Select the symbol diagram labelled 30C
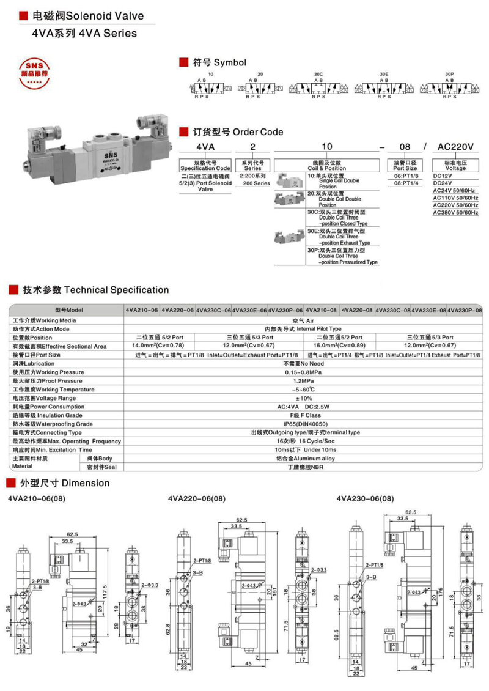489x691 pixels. (x=315, y=88)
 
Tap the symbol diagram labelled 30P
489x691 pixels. (x=449, y=88)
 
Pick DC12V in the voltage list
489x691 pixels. (x=443, y=176)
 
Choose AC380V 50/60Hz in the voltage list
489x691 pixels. (x=455, y=212)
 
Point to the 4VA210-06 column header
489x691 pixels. (x=142, y=310)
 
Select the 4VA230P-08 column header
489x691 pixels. (x=465, y=310)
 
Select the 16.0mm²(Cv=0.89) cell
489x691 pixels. (x=339, y=346)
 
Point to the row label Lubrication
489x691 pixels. (x=33, y=363)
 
